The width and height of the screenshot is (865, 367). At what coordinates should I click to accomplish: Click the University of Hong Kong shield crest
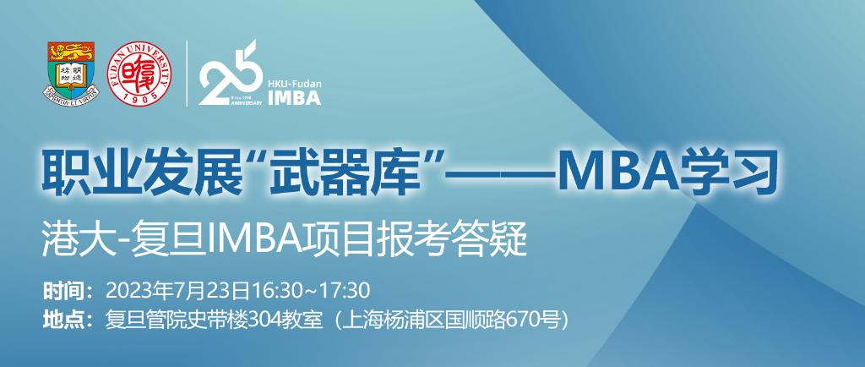[x=70, y=73]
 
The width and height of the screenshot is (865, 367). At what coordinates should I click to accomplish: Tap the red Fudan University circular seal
[x=139, y=74]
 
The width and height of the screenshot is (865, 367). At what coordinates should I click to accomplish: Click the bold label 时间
[x=66, y=290]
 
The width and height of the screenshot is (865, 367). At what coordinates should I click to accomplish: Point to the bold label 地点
[x=66, y=319]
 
